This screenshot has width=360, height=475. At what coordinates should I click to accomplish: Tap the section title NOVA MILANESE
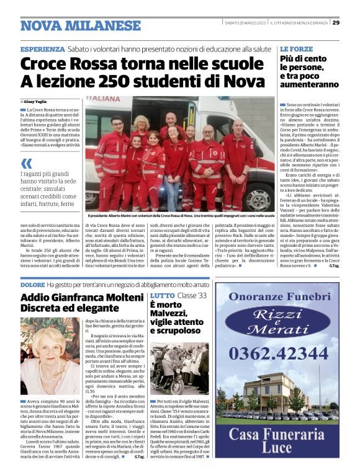(81, 25)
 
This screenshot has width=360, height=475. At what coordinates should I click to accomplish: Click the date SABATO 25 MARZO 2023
(246, 23)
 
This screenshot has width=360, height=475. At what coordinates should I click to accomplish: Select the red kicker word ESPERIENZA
(42, 49)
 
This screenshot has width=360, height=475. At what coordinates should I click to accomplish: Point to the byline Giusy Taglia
(36, 101)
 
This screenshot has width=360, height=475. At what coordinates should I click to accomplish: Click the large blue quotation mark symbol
(26, 164)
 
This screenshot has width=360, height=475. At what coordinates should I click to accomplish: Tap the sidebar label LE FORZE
(296, 48)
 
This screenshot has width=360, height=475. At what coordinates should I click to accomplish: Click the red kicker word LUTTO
(163, 296)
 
